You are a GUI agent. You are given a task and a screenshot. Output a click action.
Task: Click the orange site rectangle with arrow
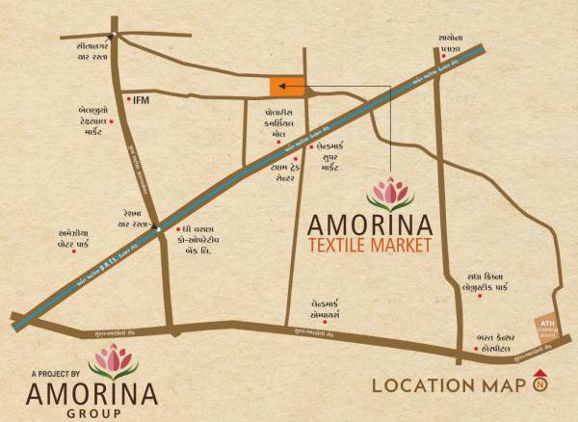pyautogui.click(x=286, y=87)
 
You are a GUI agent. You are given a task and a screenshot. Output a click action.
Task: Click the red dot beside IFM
pyautogui.click(x=128, y=97)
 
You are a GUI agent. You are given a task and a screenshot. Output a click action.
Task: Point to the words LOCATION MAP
pyautogui.click(x=448, y=386)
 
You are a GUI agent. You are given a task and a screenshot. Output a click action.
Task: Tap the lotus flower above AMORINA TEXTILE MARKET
pyautogui.click(x=390, y=194)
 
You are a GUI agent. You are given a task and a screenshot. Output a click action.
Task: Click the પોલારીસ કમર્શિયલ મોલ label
pyautogui.click(x=286, y=124)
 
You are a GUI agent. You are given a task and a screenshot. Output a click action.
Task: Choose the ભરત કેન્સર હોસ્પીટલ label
pyautogui.click(x=499, y=343)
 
